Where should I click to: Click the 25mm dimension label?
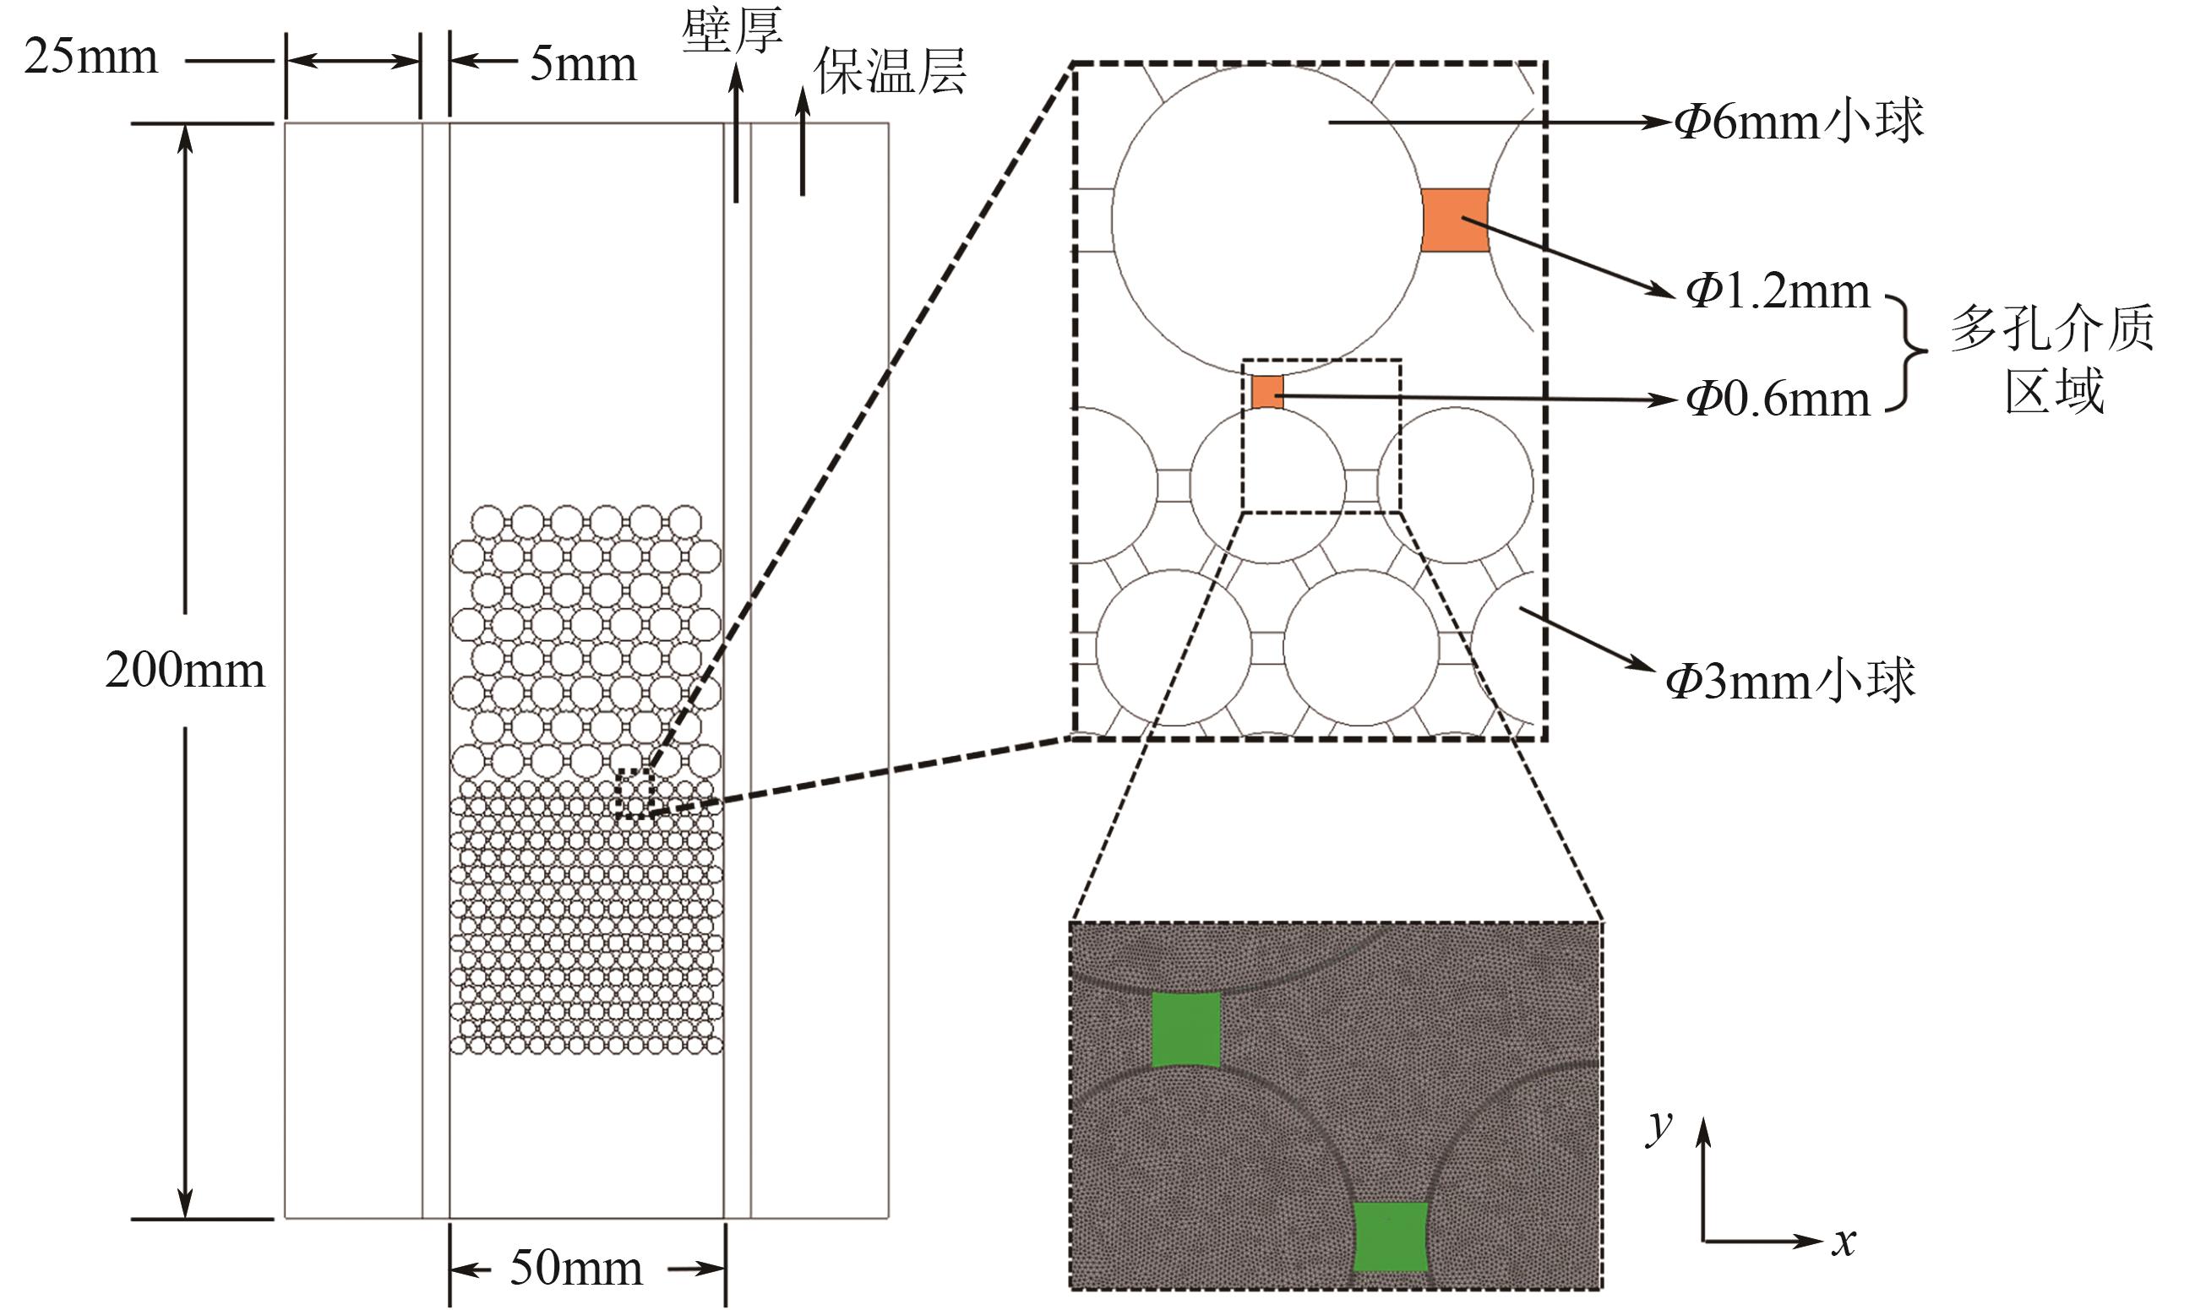(91, 58)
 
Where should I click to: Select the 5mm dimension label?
(583, 64)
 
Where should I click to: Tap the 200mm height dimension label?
(184, 671)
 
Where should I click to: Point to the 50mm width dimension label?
(575, 1269)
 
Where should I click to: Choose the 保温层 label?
(889, 71)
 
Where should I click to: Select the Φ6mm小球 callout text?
(1798, 122)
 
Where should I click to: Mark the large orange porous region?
(1454, 220)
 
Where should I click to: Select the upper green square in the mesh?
(1186, 1030)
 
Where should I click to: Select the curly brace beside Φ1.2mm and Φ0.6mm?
(1906, 353)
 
